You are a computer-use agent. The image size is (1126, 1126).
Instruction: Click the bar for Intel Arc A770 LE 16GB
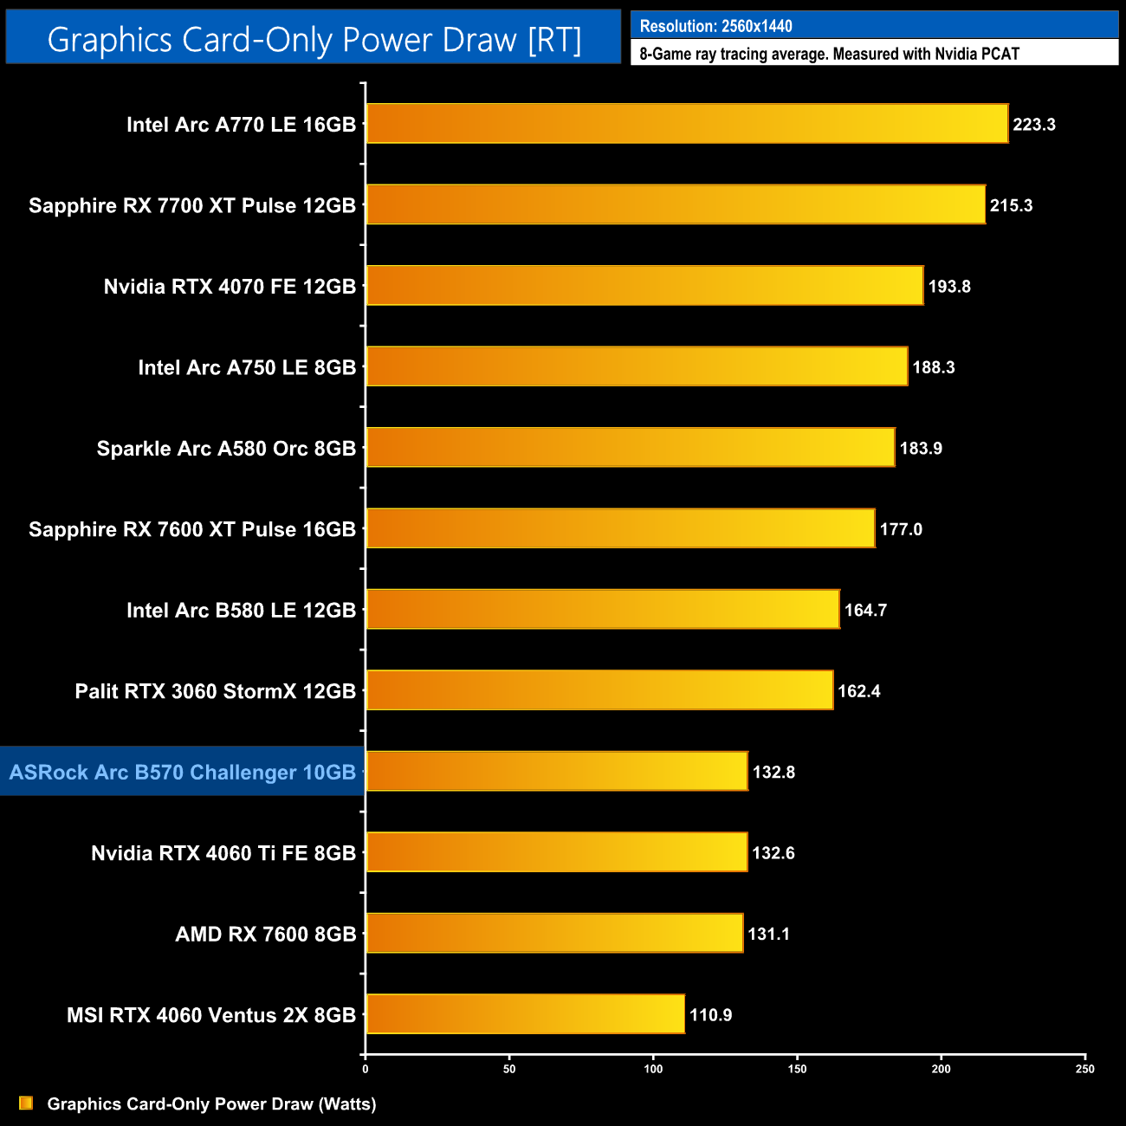pos(687,124)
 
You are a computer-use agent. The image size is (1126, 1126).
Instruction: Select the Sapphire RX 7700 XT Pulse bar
pos(676,204)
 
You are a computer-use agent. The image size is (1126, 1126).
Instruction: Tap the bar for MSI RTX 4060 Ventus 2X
pos(525,1014)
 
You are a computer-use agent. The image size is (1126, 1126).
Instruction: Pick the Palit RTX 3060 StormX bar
pos(599,690)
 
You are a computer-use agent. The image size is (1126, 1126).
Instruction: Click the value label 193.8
pos(949,287)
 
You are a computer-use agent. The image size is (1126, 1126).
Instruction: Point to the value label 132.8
pos(773,772)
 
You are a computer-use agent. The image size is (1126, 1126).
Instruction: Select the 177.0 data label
pos(901,529)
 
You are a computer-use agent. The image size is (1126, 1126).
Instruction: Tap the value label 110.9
pos(710,1015)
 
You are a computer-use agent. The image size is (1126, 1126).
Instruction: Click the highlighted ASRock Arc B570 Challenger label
pos(183,772)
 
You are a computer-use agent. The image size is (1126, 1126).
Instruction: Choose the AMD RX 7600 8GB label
pos(266,934)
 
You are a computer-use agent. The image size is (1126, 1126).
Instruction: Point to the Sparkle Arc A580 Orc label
pos(226,449)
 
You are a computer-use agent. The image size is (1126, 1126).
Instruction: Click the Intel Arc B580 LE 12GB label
pos(241,611)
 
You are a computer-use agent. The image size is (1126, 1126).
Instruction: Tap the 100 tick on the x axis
pos(653,1069)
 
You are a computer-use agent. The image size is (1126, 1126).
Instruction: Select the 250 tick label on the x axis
pos(1084,1069)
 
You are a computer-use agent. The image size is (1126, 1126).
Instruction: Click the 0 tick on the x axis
pos(366,1069)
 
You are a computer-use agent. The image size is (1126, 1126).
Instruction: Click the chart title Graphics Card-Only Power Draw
pos(314,40)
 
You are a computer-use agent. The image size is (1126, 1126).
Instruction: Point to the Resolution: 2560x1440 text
pos(715,26)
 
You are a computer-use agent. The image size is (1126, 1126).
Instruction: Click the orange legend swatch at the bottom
pos(26,1103)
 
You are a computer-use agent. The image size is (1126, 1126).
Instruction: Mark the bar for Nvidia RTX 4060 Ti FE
pos(556,852)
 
